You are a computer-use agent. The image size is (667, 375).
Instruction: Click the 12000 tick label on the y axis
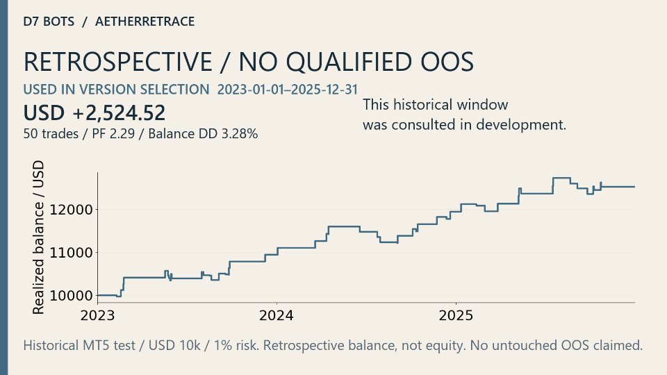tap(71, 210)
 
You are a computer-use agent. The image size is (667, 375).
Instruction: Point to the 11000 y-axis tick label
tap(71, 253)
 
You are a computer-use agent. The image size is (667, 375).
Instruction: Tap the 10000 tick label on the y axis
tap(71, 296)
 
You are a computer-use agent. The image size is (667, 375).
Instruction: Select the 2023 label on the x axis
tap(97, 315)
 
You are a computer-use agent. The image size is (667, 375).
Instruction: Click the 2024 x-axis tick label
tap(277, 315)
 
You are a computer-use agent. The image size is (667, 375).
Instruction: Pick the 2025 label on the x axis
tap(456, 315)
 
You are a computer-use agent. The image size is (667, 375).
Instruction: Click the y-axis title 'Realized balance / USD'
tap(38, 237)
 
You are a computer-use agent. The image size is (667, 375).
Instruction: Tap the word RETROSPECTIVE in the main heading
tap(118, 62)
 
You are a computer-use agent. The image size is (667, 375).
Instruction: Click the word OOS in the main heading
tap(447, 62)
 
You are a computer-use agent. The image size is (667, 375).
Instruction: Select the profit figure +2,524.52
tap(119, 113)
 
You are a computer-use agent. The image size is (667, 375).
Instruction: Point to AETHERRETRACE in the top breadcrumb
tap(145, 22)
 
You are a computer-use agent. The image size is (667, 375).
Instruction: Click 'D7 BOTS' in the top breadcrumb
tap(49, 22)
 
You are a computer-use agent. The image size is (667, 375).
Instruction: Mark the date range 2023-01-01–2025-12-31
tap(288, 90)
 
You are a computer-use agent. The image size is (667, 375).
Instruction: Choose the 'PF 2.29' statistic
tap(113, 133)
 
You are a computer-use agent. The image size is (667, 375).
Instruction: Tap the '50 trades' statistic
tap(51, 134)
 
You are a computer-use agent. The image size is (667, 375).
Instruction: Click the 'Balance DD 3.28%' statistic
tap(203, 133)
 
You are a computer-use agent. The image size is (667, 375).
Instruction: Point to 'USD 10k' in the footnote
tap(174, 345)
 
